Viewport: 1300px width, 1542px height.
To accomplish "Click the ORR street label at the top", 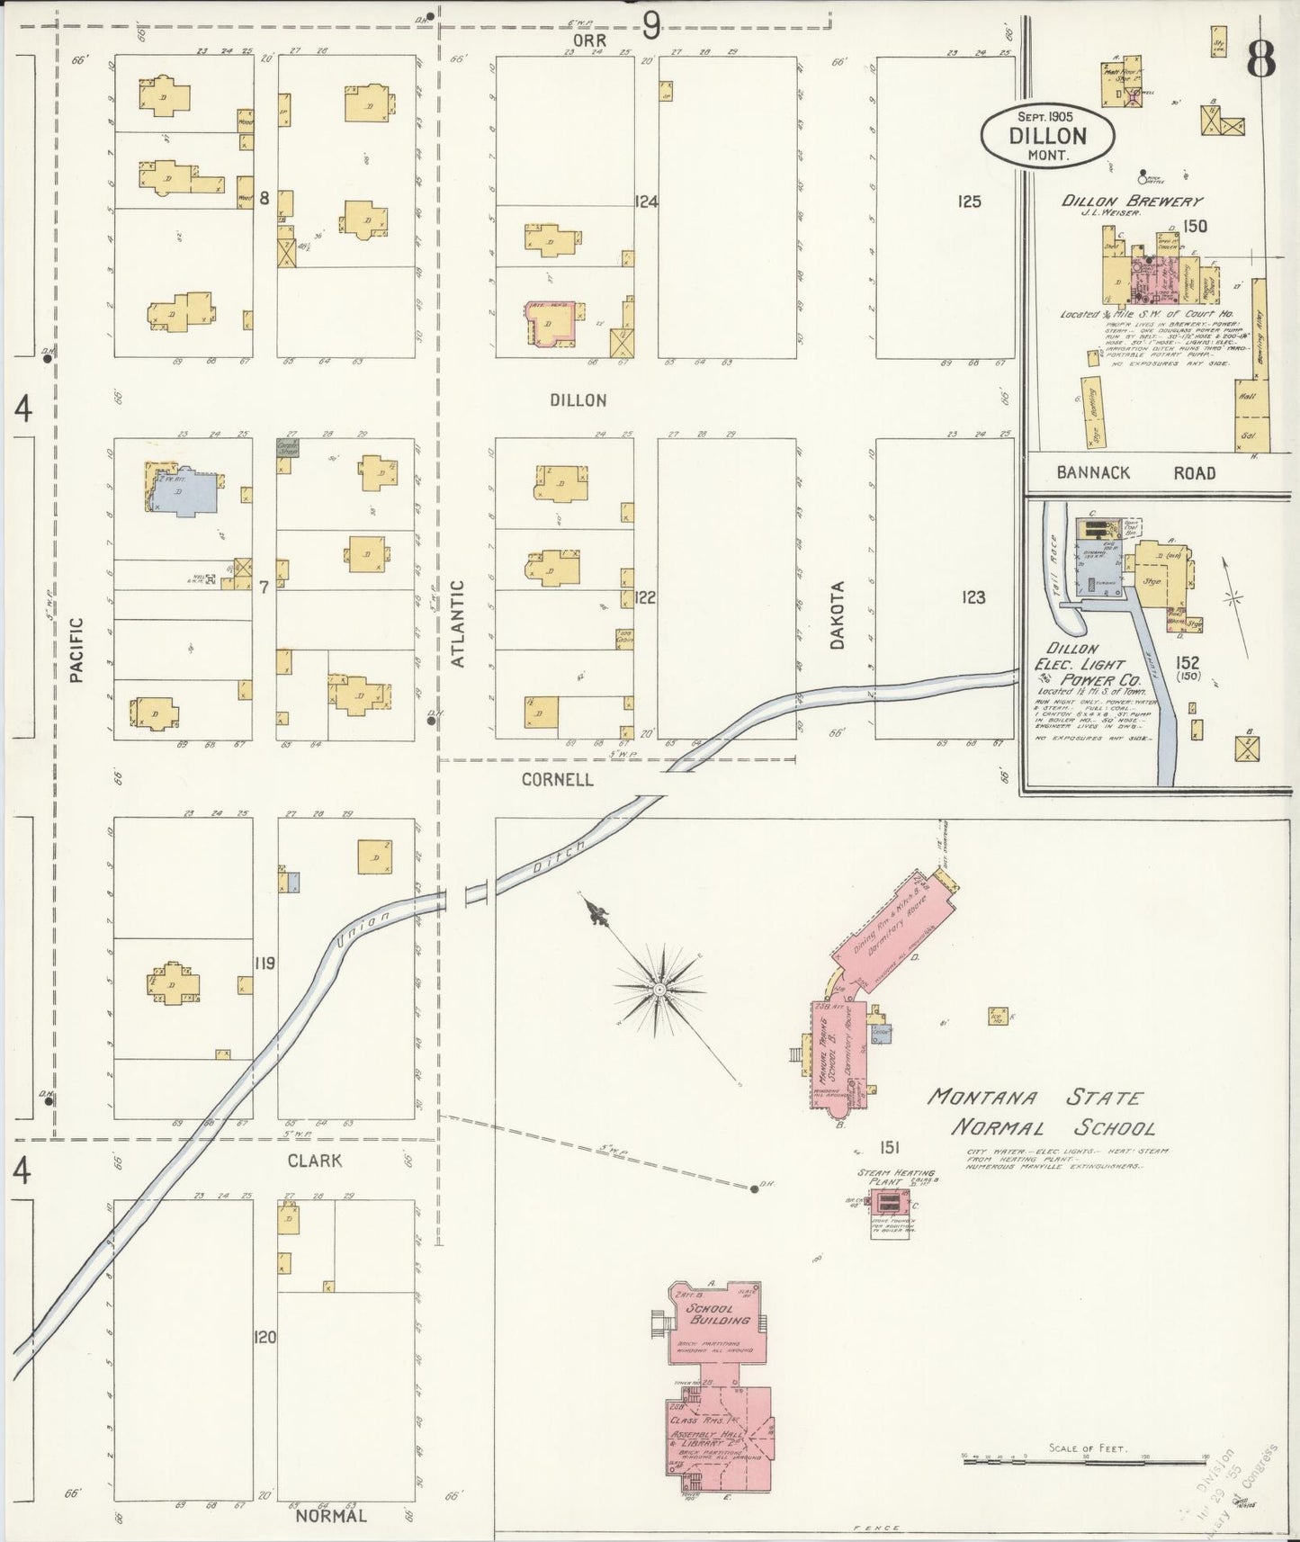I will (594, 40).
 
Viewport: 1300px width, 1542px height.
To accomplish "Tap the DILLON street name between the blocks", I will (578, 400).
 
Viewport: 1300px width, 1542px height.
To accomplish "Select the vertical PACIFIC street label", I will (76, 649).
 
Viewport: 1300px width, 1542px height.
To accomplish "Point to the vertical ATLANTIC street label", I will (457, 623).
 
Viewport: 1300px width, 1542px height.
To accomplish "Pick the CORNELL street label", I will (558, 780).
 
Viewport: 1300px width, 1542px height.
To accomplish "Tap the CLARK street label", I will (314, 1161).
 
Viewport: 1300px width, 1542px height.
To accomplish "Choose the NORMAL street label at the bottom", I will (332, 1516).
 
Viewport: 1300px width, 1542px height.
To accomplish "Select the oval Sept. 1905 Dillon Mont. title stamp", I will (1047, 135).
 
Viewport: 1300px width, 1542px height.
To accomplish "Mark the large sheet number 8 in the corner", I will (1260, 61).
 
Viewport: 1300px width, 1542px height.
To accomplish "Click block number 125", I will (969, 202).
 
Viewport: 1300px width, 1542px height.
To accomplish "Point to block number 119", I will (264, 964).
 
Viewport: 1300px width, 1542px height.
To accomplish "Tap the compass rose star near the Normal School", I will (659, 989).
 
